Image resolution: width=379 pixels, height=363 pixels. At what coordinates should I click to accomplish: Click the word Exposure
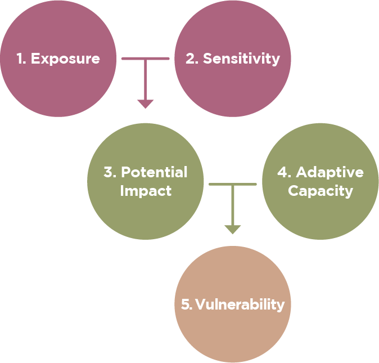(x=65, y=59)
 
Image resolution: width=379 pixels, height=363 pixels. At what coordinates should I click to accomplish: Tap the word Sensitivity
(x=241, y=59)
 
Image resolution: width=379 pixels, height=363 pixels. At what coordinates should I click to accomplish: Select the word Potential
(x=154, y=172)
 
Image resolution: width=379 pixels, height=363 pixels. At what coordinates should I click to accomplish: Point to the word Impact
(x=146, y=190)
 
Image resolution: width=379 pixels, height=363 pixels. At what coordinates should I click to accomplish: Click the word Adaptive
(x=330, y=172)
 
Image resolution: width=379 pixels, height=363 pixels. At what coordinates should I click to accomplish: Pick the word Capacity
(x=321, y=190)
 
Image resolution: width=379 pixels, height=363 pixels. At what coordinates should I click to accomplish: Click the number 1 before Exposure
(x=20, y=59)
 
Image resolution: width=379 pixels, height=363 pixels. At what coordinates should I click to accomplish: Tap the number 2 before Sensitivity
(x=191, y=59)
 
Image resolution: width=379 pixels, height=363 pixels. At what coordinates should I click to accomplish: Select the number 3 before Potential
(x=109, y=172)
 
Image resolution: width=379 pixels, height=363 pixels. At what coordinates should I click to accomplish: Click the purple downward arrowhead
(x=146, y=104)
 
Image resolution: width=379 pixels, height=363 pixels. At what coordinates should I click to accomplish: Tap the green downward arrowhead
(x=233, y=230)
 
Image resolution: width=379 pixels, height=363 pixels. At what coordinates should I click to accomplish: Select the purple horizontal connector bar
(x=145, y=57)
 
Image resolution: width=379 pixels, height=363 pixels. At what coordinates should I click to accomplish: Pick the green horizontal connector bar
(x=232, y=183)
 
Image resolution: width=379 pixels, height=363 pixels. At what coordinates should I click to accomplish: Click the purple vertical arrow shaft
(x=146, y=79)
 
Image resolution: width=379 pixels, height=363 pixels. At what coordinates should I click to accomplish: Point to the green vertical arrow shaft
(x=233, y=205)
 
